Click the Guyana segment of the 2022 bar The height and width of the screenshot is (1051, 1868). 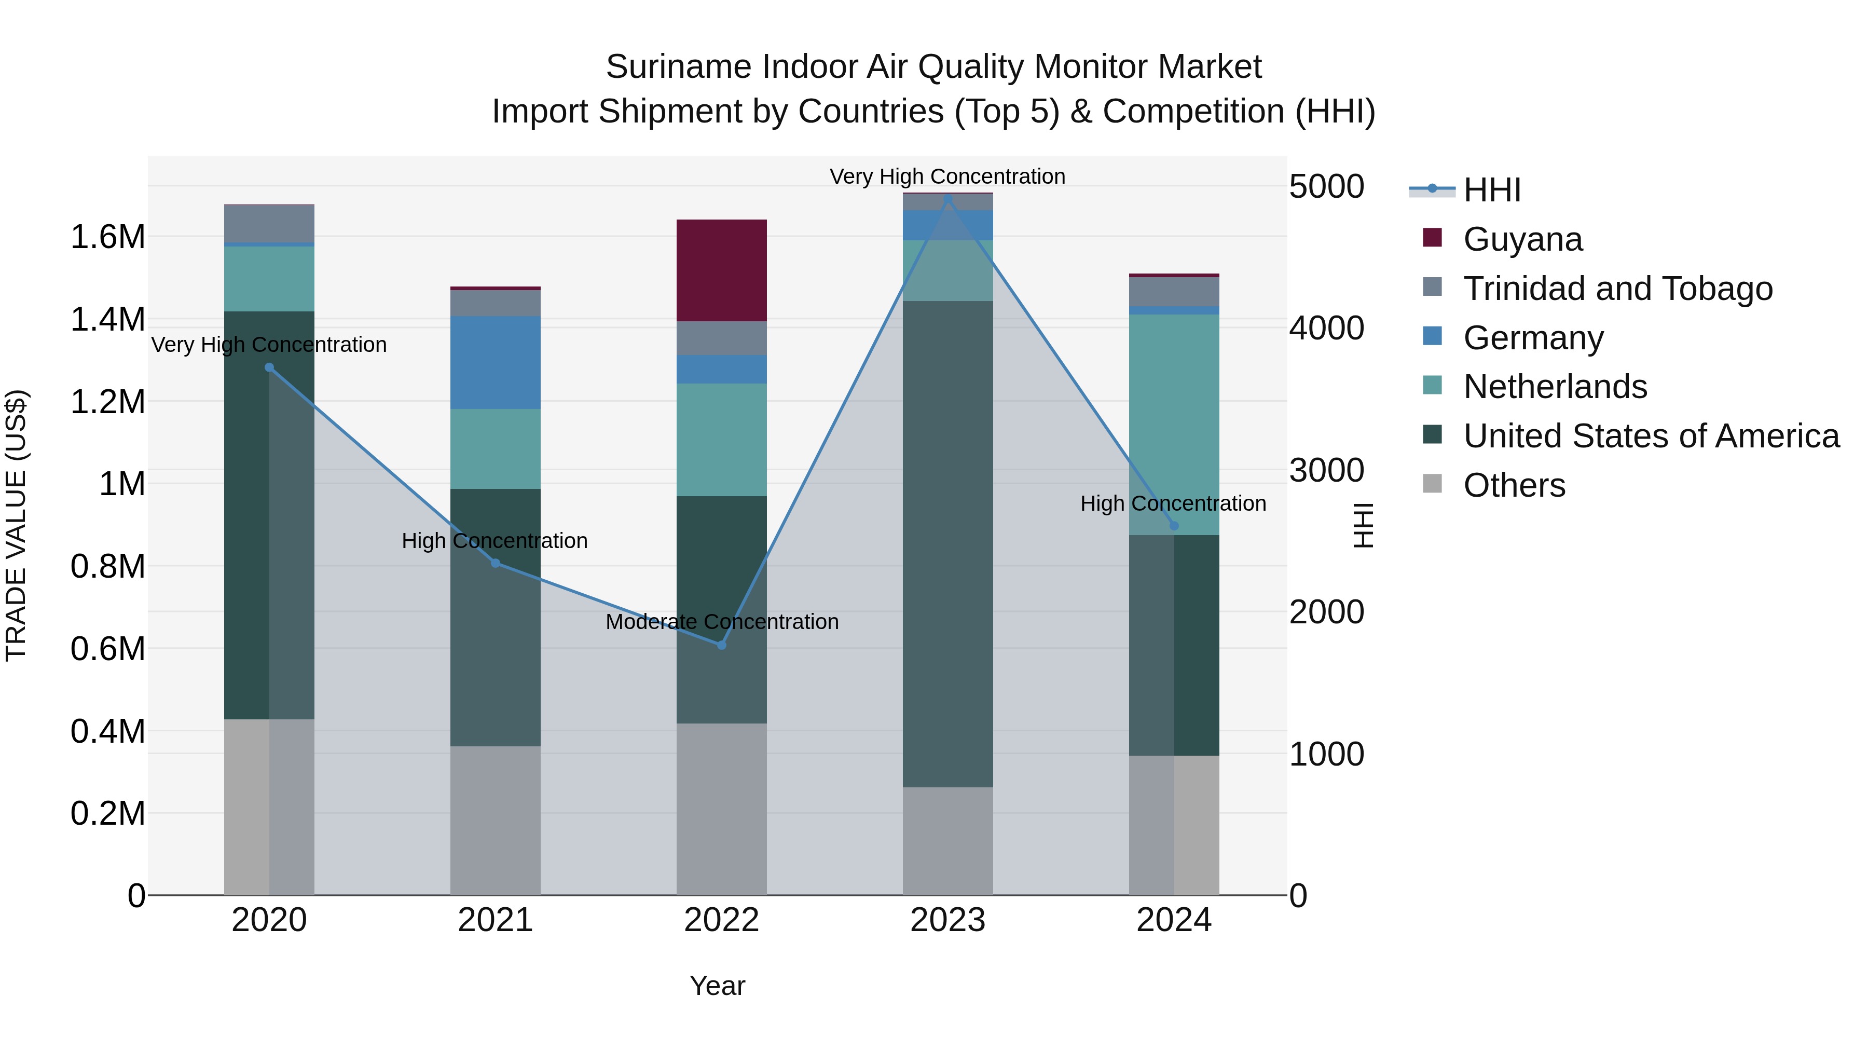click(722, 270)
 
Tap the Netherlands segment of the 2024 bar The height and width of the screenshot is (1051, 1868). click(1174, 425)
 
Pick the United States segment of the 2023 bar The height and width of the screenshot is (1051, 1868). click(948, 544)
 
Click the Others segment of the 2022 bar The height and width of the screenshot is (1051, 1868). click(722, 809)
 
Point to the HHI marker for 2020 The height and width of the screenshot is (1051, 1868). click(269, 368)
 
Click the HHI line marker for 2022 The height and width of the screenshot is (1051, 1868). click(722, 645)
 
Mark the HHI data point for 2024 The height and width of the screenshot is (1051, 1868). click(1174, 526)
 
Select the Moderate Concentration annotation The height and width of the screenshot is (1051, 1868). click(722, 622)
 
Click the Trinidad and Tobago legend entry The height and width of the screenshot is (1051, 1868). click(1617, 289)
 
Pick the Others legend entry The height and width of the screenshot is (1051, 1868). click(1514, 485)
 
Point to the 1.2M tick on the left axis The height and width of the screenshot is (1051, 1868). click(107, 402)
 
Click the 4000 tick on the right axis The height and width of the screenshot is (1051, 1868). click(1326, 328)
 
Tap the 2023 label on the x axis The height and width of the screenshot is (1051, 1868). click(948, 920)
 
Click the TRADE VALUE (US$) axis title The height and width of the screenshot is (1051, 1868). click(17, 526)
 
